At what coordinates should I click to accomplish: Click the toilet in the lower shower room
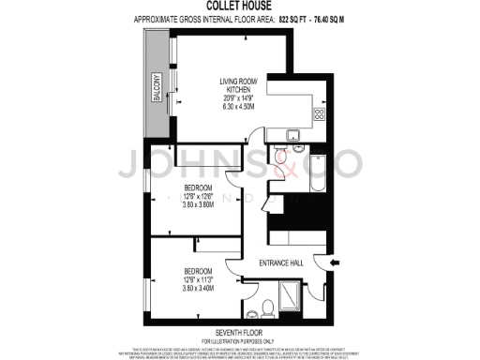tap(267, 307)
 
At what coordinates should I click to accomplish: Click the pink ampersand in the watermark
tap(265, 169)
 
